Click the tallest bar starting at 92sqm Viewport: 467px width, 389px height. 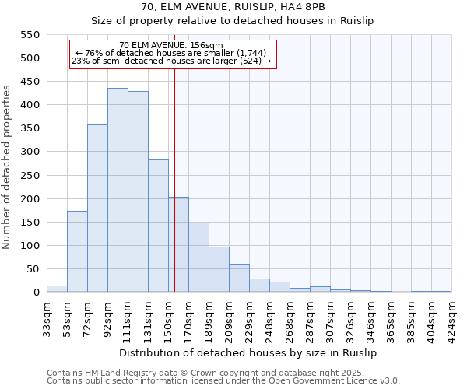[118, 191]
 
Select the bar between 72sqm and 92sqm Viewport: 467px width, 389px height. [97, 209]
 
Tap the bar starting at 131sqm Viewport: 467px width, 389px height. [158, 226]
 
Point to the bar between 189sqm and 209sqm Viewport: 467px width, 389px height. [219, 269]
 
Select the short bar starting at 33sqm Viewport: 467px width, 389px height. [57, 289]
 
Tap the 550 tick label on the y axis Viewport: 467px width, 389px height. [29, 35]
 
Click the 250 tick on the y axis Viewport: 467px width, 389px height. [29, 176]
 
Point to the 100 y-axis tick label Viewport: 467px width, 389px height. [29, 246]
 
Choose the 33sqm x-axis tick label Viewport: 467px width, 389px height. [47, 316]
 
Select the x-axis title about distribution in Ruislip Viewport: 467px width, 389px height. [249, 352]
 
